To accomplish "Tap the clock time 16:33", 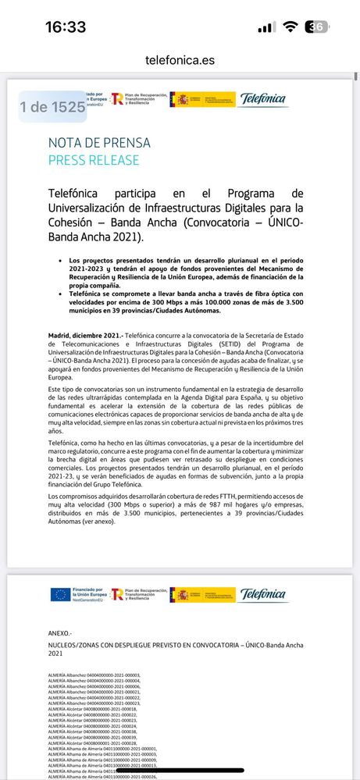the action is click(x=65, y=27).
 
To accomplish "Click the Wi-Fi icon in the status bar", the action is click(x=290, y=27).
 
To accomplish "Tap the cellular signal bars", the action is click(x=266, y=27).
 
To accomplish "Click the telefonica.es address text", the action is click(x=179, y=60).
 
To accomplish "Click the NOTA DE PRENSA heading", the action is click(x=99, y=143).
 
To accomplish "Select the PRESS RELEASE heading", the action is click(x=94, y=160).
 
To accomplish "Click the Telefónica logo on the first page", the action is click(x=263, y=99).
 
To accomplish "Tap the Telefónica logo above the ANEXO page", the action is click(x=263, y=594).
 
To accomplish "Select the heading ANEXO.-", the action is click(x=59, y=633).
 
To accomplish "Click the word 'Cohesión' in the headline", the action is click(x=73, y=223).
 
